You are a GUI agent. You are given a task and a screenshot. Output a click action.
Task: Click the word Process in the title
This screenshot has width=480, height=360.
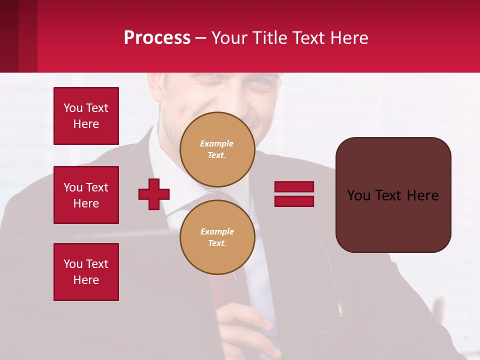pos(157,38)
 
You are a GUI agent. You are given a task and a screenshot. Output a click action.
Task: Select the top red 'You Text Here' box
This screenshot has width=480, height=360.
pos(86,116)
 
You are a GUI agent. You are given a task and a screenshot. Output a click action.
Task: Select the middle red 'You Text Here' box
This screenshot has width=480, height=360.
pos(86,195)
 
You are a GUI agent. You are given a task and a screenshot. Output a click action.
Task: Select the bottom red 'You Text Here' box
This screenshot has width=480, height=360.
pos(86,272)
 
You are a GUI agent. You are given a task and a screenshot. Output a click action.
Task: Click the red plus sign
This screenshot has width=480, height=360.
pos(154,194)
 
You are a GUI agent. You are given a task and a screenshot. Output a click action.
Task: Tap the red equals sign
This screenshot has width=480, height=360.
pos(294,194)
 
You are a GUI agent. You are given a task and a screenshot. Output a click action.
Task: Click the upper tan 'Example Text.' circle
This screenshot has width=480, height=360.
pos(217,149)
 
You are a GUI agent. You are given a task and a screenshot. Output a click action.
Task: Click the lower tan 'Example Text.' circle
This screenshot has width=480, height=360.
pos(217,237)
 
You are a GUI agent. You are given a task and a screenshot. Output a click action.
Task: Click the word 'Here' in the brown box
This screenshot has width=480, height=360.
pos(422,195)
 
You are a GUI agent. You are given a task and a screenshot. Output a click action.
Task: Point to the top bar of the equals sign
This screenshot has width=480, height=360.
pos(294,187)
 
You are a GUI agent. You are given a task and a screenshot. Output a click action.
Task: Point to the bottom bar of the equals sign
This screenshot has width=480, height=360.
pos(294,201)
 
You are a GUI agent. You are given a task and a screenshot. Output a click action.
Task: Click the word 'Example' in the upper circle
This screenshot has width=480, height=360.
pos(217,143)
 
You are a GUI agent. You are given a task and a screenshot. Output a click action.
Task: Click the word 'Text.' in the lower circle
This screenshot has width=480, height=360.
pos(217,243)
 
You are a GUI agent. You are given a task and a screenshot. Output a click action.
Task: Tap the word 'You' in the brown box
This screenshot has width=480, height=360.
pos(359,195)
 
